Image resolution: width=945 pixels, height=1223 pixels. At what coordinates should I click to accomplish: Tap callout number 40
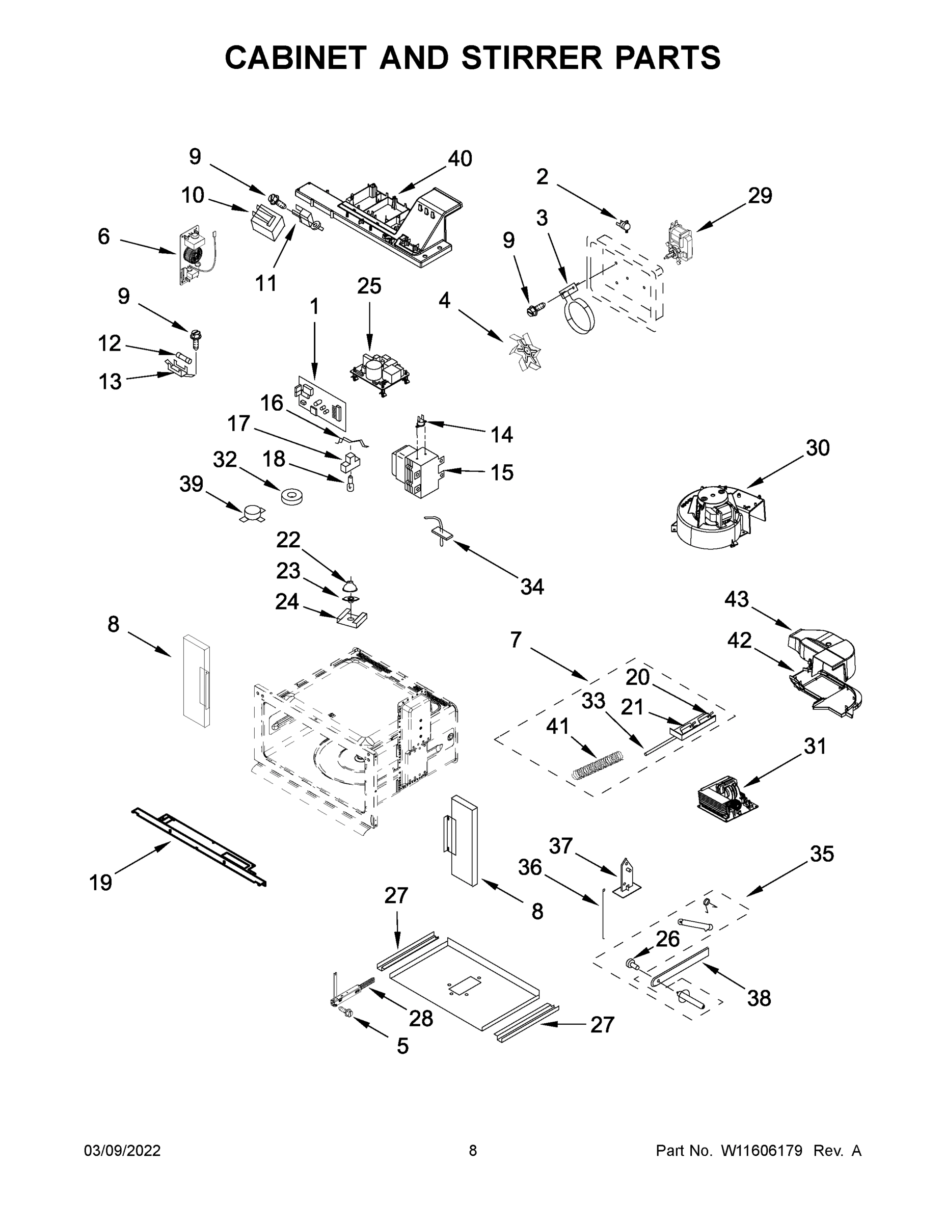[x=460, y=159]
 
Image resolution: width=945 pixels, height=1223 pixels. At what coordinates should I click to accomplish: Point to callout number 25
[x=369, y=286]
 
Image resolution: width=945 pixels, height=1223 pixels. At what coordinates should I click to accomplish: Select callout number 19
[x=101, y=883]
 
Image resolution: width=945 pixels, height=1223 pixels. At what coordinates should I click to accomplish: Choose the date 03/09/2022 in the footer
[x=122, y=1151]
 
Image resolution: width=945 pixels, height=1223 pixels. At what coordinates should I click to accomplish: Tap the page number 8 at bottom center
[x=473, y=1151]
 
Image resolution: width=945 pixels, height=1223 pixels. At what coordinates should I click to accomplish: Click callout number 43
[x=736, y=600]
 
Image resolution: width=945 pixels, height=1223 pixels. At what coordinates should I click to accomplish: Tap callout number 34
[x=532, y=587]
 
